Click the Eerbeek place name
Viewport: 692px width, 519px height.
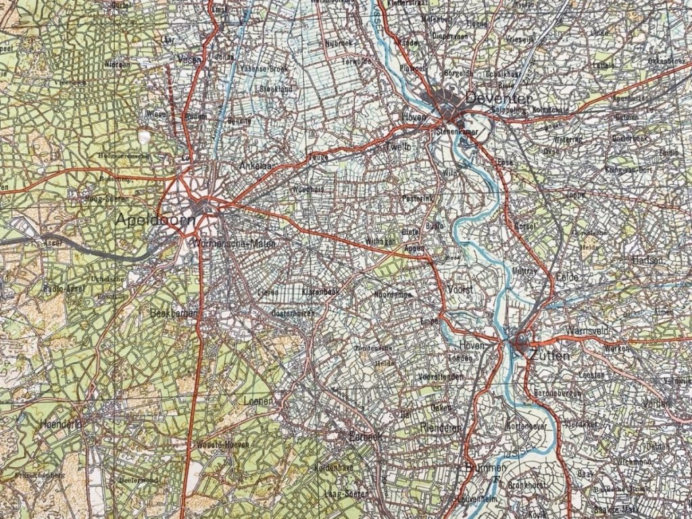[364, 437]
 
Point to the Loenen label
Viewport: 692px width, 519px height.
[257, 401]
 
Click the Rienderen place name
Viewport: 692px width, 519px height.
[440, 428]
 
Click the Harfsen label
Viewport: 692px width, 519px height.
[647, 260]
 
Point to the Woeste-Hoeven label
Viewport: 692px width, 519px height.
[223, 444]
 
